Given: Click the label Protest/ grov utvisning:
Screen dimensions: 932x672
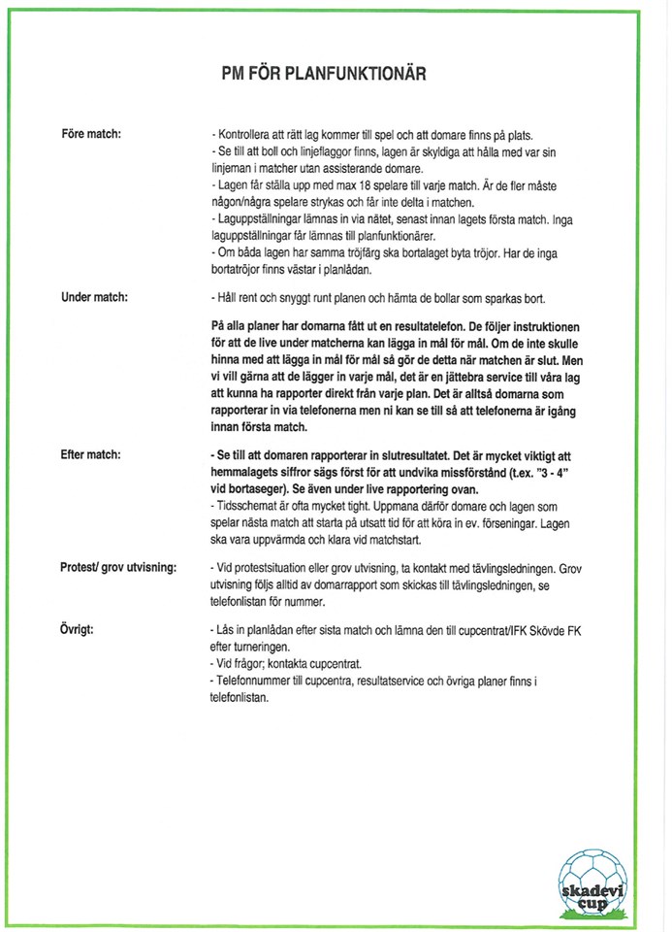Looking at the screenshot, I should click(118, 566).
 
